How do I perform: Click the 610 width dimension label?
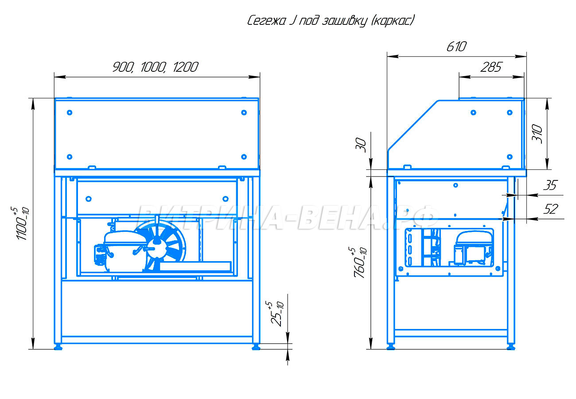456,47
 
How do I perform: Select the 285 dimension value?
491,67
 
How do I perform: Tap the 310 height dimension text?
537,134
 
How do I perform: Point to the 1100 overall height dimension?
23,223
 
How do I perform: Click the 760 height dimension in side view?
360,262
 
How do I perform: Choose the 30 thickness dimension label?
361,145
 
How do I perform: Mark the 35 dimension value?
550,185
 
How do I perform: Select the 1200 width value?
185,67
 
